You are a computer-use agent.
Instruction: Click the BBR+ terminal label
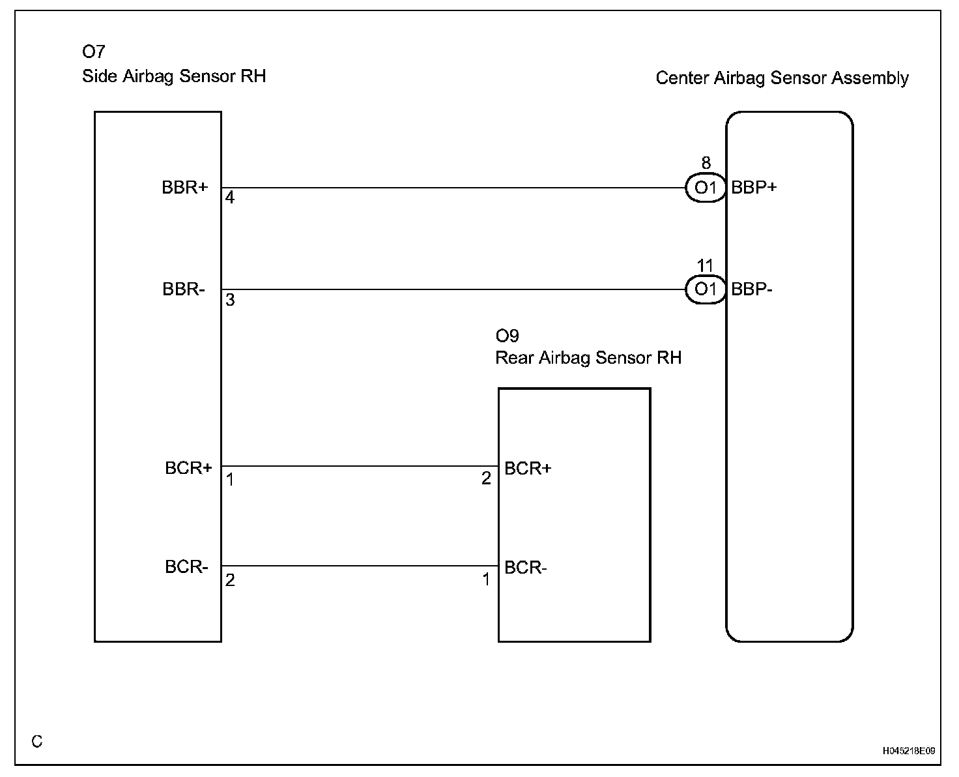click(185, 188)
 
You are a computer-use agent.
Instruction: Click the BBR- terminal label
click(184, 289)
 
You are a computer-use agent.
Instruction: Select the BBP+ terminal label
click(754, 188)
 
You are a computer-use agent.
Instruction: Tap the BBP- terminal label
click(752, 289)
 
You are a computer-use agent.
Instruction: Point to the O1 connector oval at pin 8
click(706, 188)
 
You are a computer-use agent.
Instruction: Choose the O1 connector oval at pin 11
click(706, 289)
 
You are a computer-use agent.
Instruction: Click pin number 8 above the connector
click(706, 164)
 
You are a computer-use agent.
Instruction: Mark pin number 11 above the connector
click(706, 266)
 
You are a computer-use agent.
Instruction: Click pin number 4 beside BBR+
click(230, 198)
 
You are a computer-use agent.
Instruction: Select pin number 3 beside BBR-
click(230, 300)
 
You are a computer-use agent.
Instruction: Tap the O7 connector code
click(93, 52)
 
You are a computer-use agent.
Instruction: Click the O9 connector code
click(507, 336)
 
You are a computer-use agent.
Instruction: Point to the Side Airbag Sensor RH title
click(174, 76)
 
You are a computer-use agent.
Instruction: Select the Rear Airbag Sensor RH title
click(588, 358)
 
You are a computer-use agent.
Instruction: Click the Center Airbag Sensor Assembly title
click(782, 78)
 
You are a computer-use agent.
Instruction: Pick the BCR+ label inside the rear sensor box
click(528, 469)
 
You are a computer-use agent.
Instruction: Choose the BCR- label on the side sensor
click(186, 567)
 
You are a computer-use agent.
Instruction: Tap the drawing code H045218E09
click(909, 751)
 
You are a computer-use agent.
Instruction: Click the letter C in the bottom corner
click(37, 742)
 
